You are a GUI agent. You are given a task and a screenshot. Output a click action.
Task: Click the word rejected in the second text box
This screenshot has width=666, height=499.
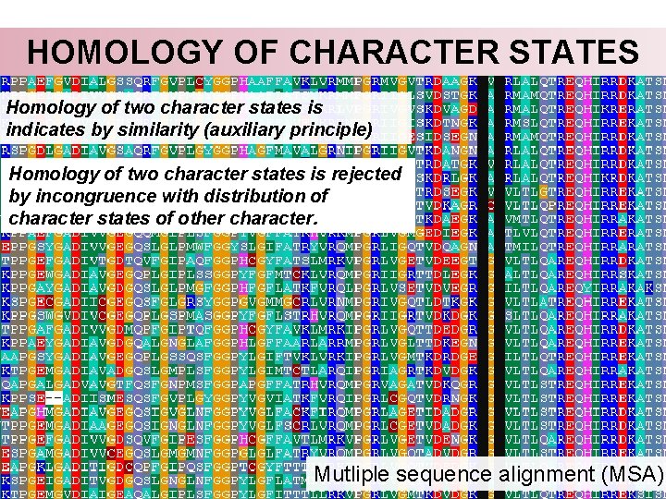point(364,174)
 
